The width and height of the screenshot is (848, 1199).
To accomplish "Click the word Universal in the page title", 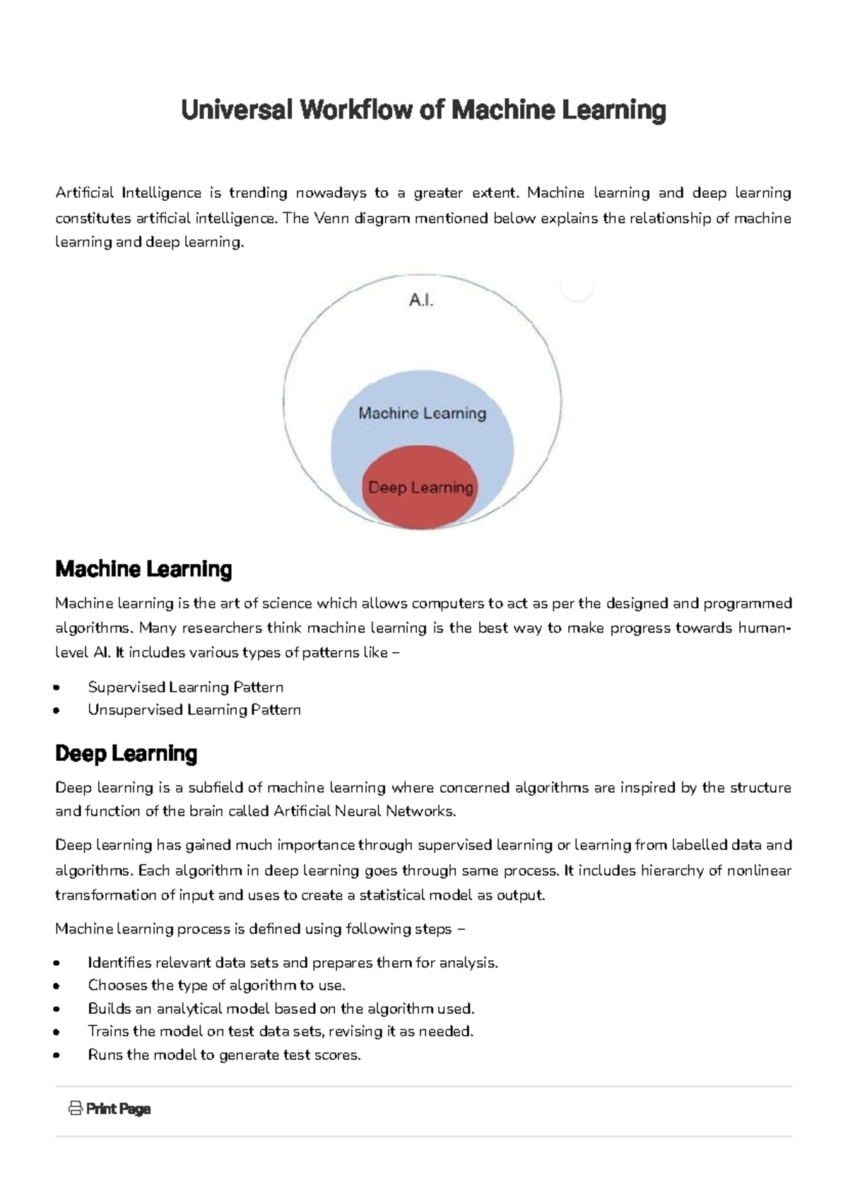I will click(x=236, y=110).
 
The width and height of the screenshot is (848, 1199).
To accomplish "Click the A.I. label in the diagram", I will click(x=420, y=300).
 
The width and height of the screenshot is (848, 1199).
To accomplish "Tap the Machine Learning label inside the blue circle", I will click(x=422, y=413).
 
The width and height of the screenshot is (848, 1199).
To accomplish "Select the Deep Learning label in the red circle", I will click(x=420, y=488).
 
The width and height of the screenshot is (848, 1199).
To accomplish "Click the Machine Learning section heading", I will click(x=143, y=569).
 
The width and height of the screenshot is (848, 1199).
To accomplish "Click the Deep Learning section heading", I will click(x=126, y=754).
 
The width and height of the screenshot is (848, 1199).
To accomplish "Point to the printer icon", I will click(x=75, y=1109).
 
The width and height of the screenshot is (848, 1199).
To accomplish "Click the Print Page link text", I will click(x=118, y=1109).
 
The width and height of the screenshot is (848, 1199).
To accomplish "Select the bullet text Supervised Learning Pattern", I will click(x=185, y=687).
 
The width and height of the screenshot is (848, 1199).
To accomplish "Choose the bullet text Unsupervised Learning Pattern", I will click(x=194, y=710).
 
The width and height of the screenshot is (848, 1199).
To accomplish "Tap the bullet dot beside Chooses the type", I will click(x=57, y=986).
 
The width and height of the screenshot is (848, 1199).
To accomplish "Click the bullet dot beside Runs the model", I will click(x=57, y=1056).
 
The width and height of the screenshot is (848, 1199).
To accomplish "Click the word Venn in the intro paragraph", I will click(x=331, y=218).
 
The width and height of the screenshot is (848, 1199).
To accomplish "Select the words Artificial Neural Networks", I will click(x=363, y=811).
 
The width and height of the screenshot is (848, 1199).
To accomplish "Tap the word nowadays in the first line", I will click(x=330, y=193).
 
